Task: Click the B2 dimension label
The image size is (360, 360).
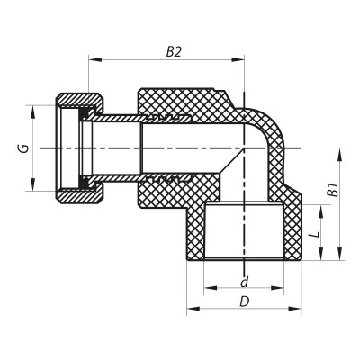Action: tap(174, 52)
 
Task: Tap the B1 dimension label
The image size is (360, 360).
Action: tap(331, 191)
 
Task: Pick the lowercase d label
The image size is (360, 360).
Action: tap(244, 283)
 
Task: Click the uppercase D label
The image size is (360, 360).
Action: tap(245, 301)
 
